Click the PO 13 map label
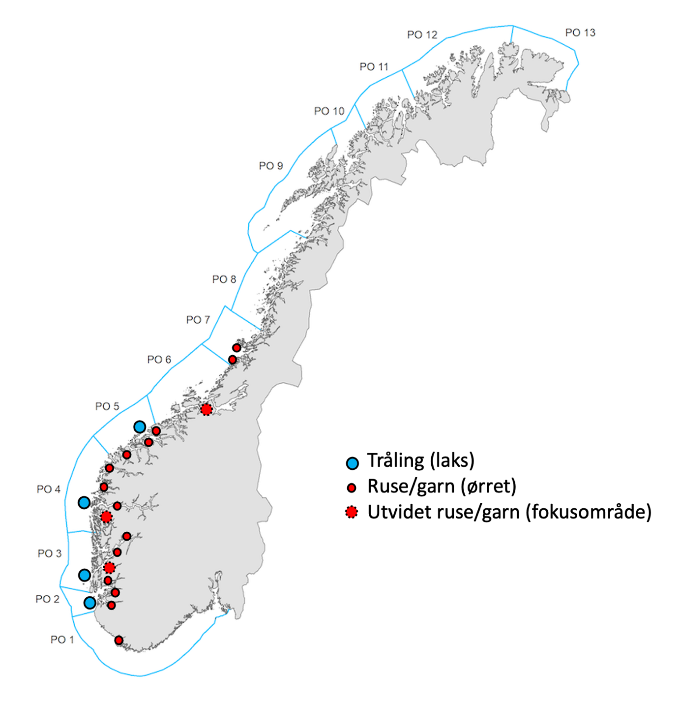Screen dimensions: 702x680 [x=580, y=33]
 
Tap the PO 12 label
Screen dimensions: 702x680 [x=422, y=35]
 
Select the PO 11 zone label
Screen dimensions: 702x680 [x=374, y=67]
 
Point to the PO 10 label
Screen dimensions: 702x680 [x=329, y=111]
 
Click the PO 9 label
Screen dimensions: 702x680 [x=271, y=166]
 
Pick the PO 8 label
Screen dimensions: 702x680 [x=224, y=279]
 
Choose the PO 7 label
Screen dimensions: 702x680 [x=198, y=320]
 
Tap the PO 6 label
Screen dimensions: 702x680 [x=159, y=360]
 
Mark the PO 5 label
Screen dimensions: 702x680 [x=107, y=406]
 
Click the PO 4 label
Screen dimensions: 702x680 [x=48, y=489]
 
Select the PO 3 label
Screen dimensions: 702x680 [x=49, y=553]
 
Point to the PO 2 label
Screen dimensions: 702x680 [x=47, y=599]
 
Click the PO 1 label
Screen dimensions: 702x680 [x=62, y=640]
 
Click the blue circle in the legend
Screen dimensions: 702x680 [x=352, y=463]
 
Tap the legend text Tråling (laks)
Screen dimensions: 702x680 [x=421, y=460]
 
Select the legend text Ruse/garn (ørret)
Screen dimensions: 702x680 [x=442, y=487]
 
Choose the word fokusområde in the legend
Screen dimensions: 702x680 [x=589, y=512]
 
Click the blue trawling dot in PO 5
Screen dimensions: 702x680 [x=140, y=427]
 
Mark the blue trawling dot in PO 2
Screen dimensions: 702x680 [x=89, y=603]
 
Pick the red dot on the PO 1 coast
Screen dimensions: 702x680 [x=118, y=640]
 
